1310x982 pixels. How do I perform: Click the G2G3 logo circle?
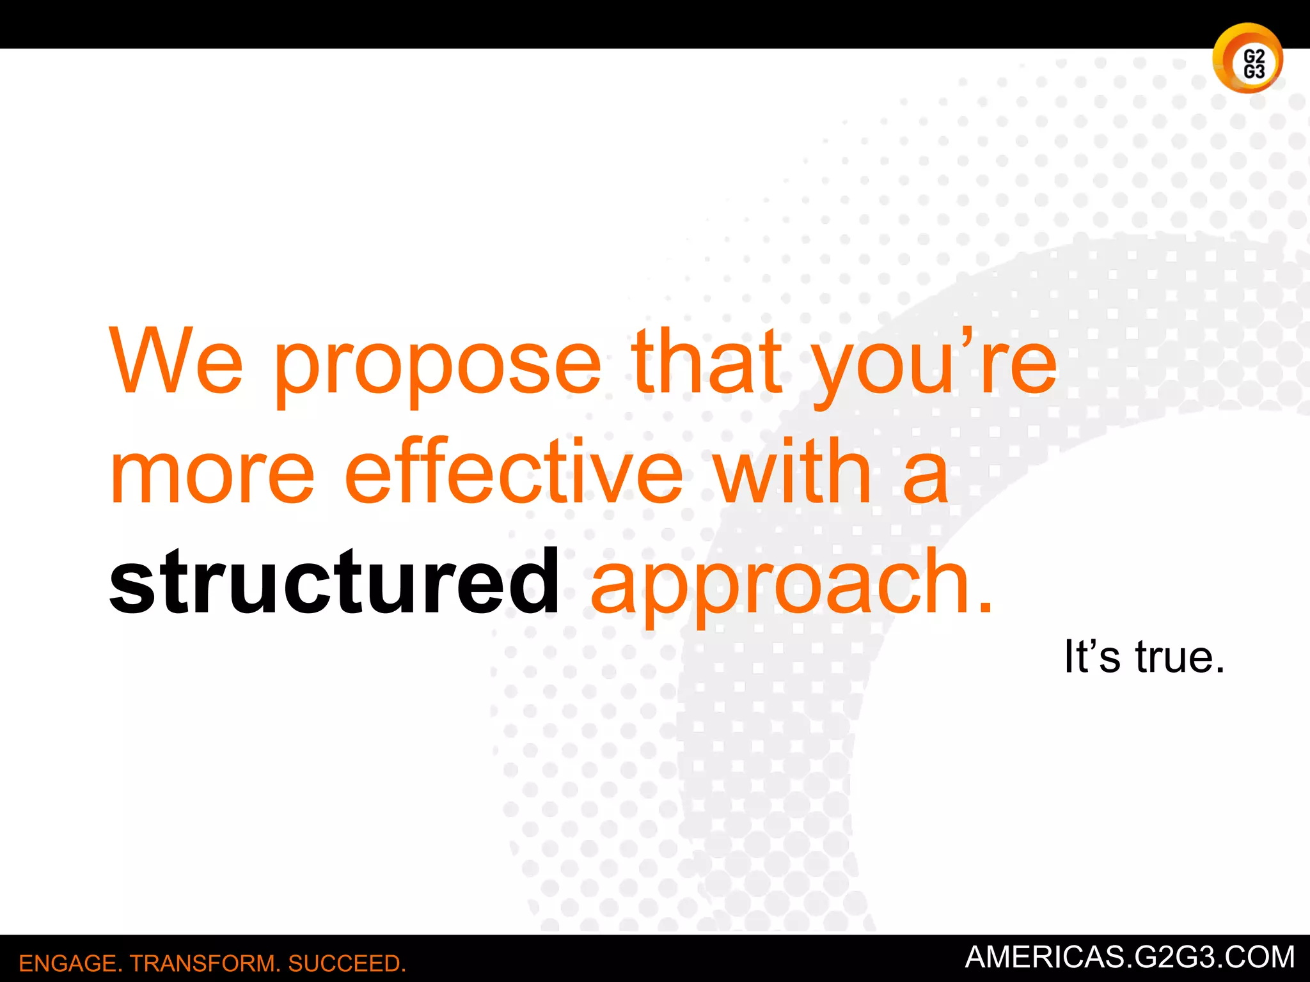pos(1247,58)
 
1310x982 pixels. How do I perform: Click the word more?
pos(212,474)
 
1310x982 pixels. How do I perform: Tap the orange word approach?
pos(780,585)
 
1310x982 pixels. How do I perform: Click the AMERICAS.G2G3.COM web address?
pos(1130,957)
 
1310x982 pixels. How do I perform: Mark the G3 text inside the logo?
pos(1254,72)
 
